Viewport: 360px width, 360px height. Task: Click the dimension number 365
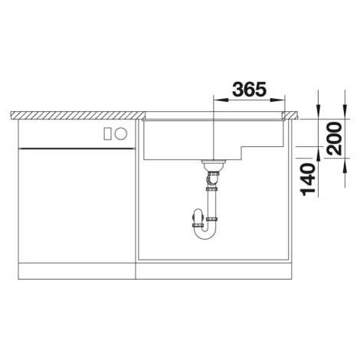249,90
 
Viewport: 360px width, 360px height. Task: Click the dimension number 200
335,139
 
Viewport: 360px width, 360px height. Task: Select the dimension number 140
308,179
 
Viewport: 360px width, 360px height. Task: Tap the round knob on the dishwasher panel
121,133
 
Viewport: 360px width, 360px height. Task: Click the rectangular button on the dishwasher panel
107,133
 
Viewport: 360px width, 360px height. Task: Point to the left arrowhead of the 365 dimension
220,100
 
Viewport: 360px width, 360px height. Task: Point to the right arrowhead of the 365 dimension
277,100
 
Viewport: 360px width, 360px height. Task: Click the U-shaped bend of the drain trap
205,232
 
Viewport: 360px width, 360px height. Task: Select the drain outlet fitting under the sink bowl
214,165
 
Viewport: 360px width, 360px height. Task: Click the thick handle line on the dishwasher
76,148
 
